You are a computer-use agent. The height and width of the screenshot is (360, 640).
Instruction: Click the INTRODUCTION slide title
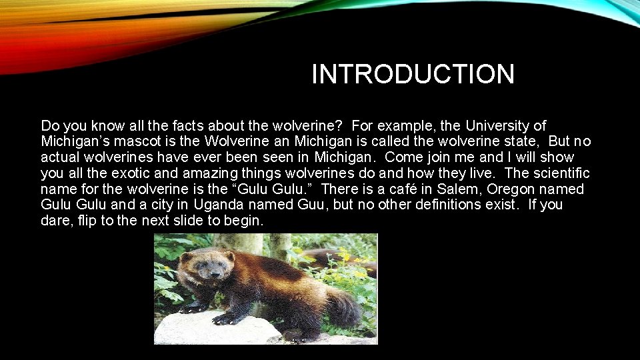pos(413,74)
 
